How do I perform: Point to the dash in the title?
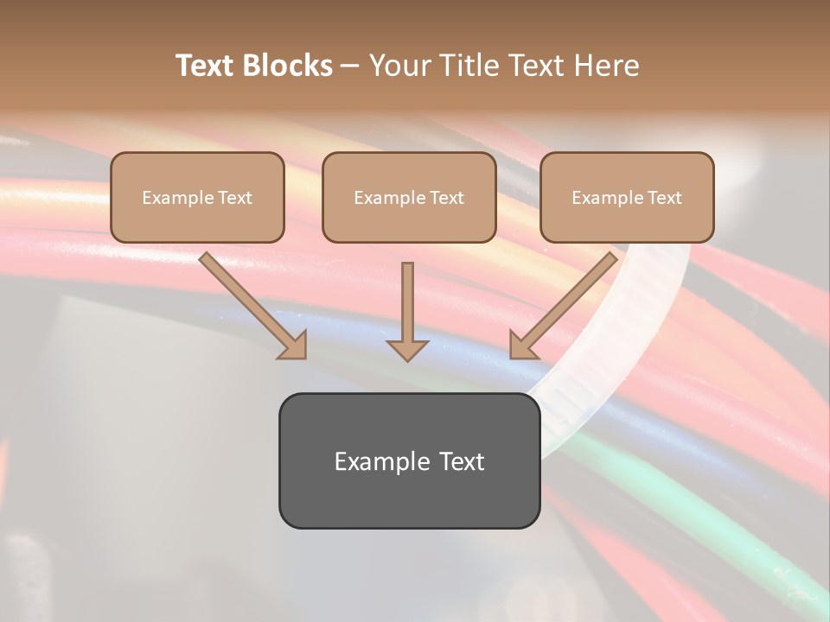pos(350,67)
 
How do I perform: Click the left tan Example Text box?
pos(197,197)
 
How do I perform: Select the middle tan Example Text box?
pos(409,197)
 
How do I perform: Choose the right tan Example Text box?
pos(627,197)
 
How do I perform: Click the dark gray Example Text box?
pos(409,460)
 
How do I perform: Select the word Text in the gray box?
pos(462,461)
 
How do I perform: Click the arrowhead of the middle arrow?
pos(407,349)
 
